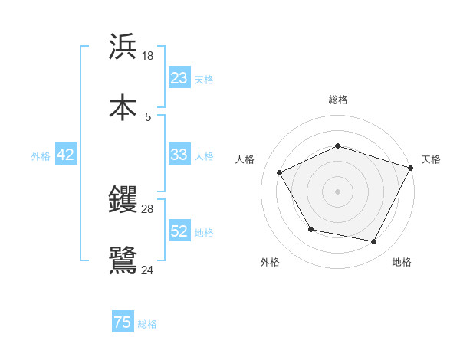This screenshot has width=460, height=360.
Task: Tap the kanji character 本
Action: [x=123, y=106]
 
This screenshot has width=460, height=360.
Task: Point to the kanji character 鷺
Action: [x=123, y=260]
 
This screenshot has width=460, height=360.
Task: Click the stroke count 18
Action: [x=148, y=56]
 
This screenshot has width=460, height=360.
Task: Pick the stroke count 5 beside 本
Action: [x=148, y=116]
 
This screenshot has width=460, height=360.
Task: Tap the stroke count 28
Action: [x=148, y=209]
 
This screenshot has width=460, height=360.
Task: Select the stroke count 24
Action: [x=148, y=269]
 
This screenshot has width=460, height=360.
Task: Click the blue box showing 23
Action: [x=179, y=78]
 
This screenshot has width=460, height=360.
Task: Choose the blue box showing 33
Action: [x=179, y=155]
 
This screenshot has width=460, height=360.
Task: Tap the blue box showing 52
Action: [x=179, y=231]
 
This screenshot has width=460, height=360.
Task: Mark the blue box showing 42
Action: [x=66, y=155]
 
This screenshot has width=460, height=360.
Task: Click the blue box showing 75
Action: [x=123, y=322]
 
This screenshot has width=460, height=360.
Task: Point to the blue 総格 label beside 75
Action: [x=148, y=324]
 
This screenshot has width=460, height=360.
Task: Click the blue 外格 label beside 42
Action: [x=41, y=156]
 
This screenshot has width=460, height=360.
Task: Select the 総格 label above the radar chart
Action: [x=338, y=100]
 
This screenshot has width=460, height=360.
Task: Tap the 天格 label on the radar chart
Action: [x=431, y=159]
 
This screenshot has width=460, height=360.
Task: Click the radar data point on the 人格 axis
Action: [x=280, y=172]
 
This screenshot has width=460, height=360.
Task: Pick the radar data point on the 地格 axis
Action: [x=374, y=242]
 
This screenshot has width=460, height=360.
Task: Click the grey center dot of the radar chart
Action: [x=338, y=191]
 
